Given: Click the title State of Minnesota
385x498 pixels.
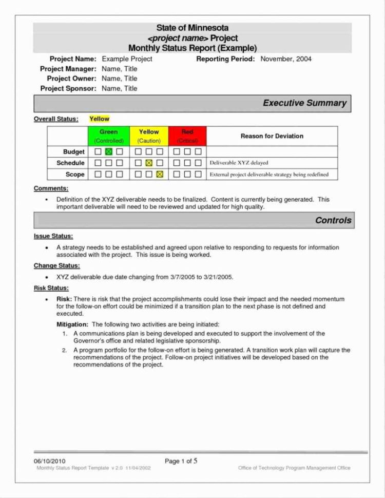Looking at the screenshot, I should tap(192, 28).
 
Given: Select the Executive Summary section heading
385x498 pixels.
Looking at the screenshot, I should tap(304, 103).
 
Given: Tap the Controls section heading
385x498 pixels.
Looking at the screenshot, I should tap(333, 220).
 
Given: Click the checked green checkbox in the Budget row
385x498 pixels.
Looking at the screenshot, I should tap(109, 152).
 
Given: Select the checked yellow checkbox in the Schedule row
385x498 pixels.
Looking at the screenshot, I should tap(149, 163).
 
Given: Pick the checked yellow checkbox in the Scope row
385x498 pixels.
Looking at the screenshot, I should tap(159, 175).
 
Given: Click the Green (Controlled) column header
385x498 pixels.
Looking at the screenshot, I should tap(109, 136).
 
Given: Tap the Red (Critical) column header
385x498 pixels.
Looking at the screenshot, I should tap(187, 136).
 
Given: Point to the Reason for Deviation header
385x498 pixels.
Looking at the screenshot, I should tap(272, 136).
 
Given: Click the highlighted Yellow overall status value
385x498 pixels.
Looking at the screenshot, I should tap(99, 119).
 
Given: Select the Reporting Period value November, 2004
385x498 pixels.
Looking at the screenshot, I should tap(286, 59).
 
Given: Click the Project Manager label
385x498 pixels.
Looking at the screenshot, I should tap(68, 69).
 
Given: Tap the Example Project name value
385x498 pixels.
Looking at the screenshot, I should tap(127, 59).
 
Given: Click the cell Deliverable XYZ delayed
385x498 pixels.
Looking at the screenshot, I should tap(239, 163).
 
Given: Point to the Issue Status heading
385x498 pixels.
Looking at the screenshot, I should tap(53, 236).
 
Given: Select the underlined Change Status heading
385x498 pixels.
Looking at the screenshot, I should tap(56, 265).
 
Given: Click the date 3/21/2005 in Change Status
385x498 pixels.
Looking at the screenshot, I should tap(218, 277).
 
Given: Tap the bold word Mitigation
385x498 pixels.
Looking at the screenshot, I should tap(72, 324).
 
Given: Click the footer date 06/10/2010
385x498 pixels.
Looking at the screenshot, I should tap(50, 461).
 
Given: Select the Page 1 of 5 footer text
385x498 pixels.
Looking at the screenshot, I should tap(181, 461).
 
